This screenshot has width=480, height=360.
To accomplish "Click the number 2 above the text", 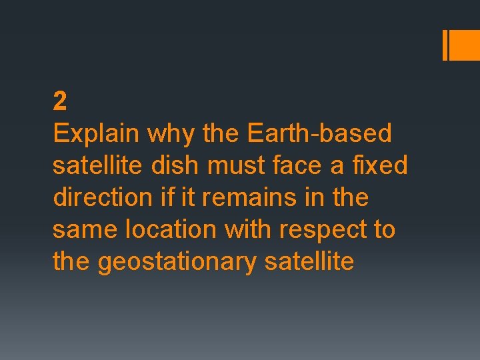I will [x=60, y=102].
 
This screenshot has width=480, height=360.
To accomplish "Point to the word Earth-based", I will [x=319, y=133].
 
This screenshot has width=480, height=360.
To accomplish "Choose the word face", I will [x=290, y=165].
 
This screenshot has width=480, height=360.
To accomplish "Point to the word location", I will [x=170, y=229].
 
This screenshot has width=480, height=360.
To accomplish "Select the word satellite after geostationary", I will [x=309, y=261].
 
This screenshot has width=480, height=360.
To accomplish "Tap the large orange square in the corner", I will [x=465, y=45].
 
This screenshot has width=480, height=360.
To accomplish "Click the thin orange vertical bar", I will [x=445, y=45].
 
